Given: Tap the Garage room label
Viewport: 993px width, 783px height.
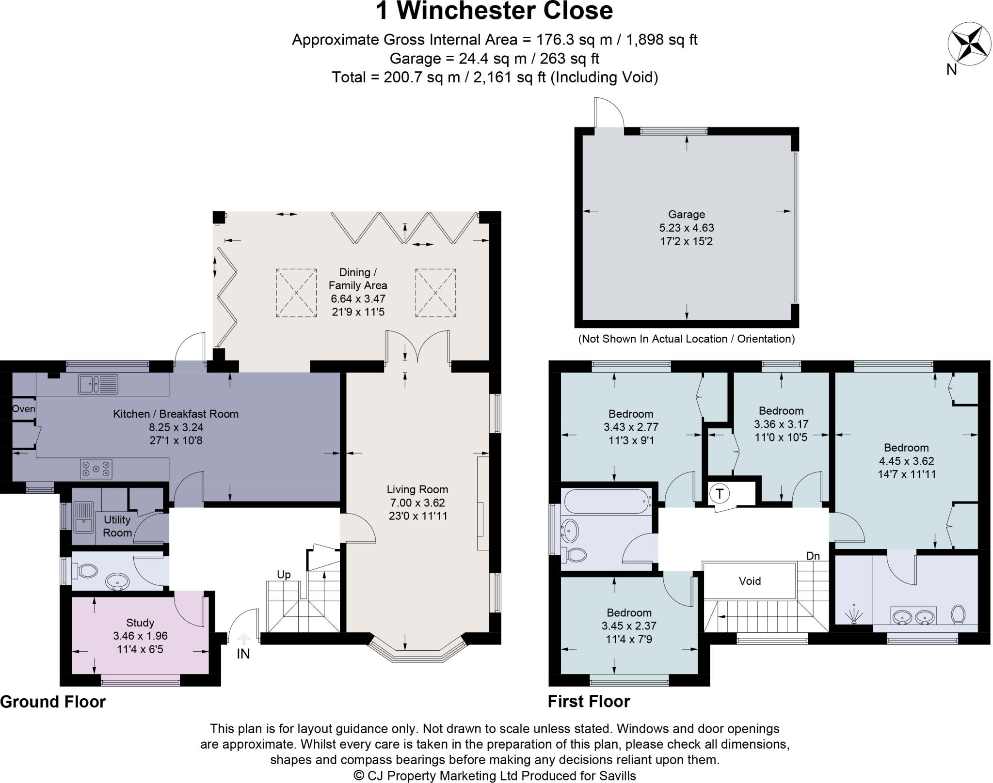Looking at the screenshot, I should click(x=686, y=214).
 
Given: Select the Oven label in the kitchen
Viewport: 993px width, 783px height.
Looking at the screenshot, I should click(x=23, y=408).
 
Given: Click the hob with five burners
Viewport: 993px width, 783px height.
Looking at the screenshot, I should click(x=96, y=469).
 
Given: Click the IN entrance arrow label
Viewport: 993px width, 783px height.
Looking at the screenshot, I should click(x=243, y=654).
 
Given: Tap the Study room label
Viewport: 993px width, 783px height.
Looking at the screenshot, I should click(x=140, y=623).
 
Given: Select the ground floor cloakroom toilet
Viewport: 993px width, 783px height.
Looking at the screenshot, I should click(x=86, y=570).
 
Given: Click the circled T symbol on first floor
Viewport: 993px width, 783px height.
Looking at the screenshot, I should click(x=720, y=494).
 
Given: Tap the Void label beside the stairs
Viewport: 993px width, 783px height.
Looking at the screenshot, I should click(x=750, y=580).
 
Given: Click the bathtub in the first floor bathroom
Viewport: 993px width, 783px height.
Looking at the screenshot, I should click(x=607, y=501).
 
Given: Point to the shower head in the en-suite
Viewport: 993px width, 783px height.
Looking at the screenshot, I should click(x=853, y=616).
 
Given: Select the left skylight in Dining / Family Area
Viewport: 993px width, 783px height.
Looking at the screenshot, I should click(x=296, y=293).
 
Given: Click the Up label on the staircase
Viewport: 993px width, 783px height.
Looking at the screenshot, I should click(x=284, y=575).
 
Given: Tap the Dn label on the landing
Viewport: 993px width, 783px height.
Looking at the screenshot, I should click(x=813, y=556).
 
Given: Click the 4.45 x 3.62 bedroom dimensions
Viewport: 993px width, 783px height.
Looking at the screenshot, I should click(x=906, y=461).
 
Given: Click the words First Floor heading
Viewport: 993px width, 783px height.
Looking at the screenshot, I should click(x=589, y=701).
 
